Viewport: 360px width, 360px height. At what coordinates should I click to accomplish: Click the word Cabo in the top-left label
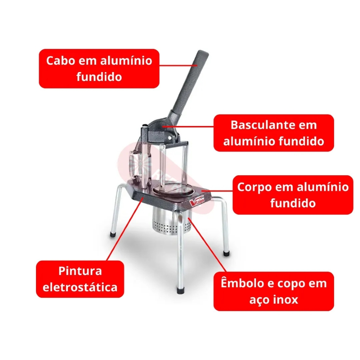[x=60, y=60]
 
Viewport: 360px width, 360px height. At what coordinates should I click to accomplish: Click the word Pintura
[x=80, y=271]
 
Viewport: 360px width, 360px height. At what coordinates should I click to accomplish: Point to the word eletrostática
[x=80, y=287]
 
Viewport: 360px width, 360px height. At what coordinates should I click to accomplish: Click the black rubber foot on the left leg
[x=113, y=235]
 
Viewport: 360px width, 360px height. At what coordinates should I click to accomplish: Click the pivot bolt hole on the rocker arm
[x=170, y=138]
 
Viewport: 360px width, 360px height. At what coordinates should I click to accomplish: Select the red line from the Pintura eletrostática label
[x=126, y=229]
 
